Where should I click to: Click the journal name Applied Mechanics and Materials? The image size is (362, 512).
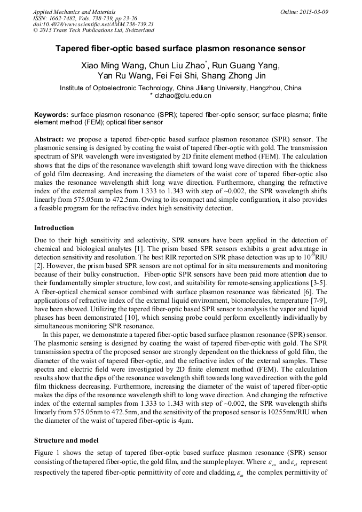[74, 11]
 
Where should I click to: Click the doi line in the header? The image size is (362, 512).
[93, 24]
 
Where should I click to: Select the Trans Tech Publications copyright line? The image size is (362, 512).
[93, 30]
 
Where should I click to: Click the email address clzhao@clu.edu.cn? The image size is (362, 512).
[183, 96]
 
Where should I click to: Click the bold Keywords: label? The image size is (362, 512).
[51, 115]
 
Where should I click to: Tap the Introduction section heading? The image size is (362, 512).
[54, 228]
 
